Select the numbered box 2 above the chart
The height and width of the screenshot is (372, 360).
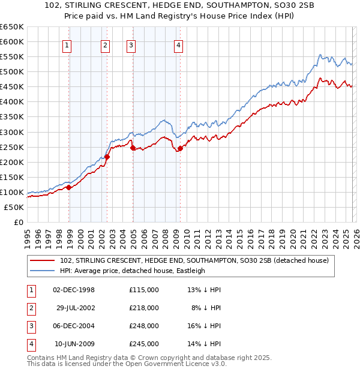pos(105,44)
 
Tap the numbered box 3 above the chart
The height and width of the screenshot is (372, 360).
pos(131,44)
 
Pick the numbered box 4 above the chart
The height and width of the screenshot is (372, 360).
pos(179,44)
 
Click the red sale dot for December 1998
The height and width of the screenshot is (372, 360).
pos(69,187)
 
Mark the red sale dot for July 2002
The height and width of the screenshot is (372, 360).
pos(107,157)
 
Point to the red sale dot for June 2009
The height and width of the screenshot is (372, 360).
pos(180,148)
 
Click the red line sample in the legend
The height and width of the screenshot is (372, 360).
pos(43,261)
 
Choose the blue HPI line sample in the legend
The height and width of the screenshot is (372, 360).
pos(43,271)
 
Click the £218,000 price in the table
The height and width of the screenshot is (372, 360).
pos(144,308)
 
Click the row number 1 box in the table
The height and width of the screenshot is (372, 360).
pos(30,290)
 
